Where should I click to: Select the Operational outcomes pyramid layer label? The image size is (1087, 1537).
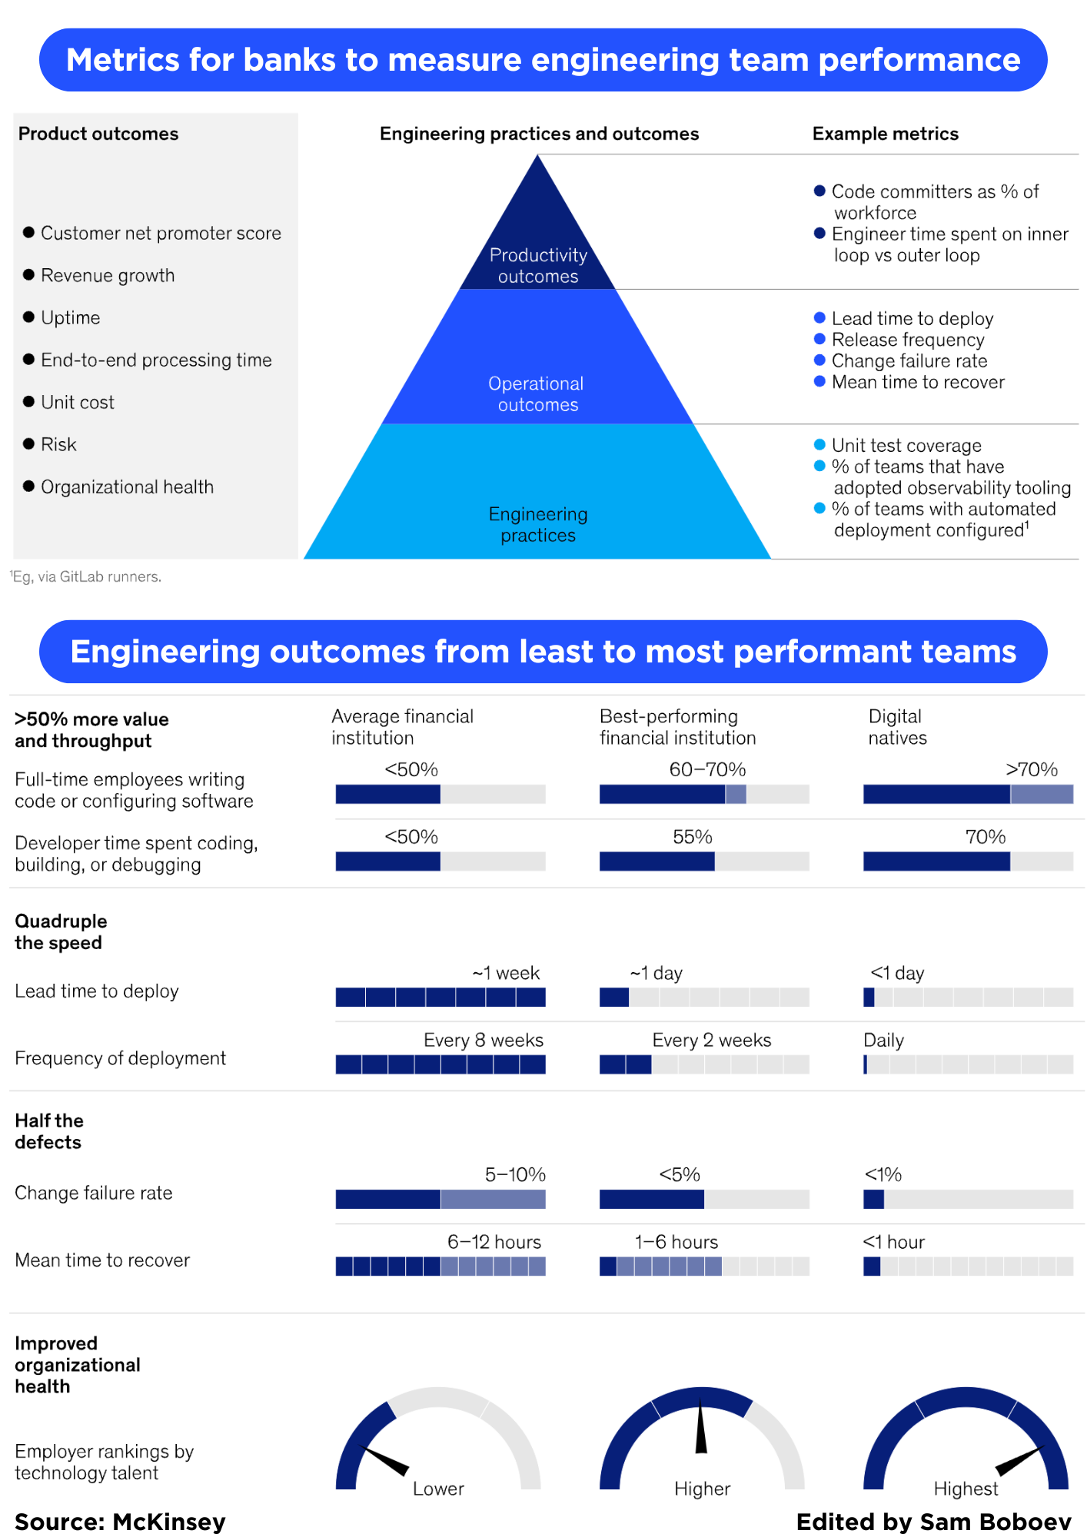click(537, 393)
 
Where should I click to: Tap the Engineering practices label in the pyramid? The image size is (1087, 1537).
click(538, 524)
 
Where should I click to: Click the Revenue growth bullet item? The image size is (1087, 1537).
click(108, 275)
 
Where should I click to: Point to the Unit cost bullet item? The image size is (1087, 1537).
click(77, 402)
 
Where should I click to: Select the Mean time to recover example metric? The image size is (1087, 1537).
click(917, 382)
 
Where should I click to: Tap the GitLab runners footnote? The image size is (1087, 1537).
click(86, 576)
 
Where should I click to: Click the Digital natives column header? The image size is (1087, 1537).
click(896, 727)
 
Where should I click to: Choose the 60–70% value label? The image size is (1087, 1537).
click(707, 769)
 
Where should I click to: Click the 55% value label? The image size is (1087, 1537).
click(692, 837)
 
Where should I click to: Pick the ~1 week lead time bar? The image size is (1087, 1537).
click(440, 998)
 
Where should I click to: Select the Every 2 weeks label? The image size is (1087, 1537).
click(711, 1040)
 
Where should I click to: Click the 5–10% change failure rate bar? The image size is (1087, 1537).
click(440, 1199)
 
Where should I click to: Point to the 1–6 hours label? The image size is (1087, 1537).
click(676, 1242)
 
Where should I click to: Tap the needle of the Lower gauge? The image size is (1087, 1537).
click(385, 1461)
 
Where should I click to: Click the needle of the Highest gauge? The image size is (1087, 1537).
click(1019, 1460)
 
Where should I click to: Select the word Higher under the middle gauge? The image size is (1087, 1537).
click(702, 1489)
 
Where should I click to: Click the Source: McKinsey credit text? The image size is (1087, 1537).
click(120, 1522)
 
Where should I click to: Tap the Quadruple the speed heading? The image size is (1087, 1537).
click(61, 931)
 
